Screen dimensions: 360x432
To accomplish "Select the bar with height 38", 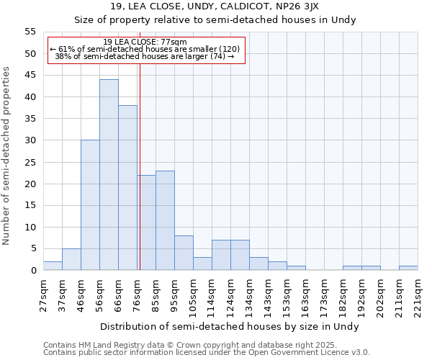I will point(127,188).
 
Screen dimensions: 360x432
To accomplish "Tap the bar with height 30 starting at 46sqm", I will point(90,205).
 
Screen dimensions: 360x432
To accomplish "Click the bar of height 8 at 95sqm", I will point(184,253).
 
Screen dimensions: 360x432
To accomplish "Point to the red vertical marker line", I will point(140,180).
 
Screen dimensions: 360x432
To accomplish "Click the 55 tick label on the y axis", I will point(30,32).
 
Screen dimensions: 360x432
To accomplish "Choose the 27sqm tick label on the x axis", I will point(43,294).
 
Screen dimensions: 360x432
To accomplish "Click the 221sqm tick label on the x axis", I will point(418,295).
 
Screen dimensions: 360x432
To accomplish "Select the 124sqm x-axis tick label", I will point(230,295).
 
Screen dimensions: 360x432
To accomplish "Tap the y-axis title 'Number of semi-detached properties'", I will point(7,156).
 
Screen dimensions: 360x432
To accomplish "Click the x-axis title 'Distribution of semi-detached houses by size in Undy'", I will point(230,326).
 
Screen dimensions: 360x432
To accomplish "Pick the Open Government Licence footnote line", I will point(207,352).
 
